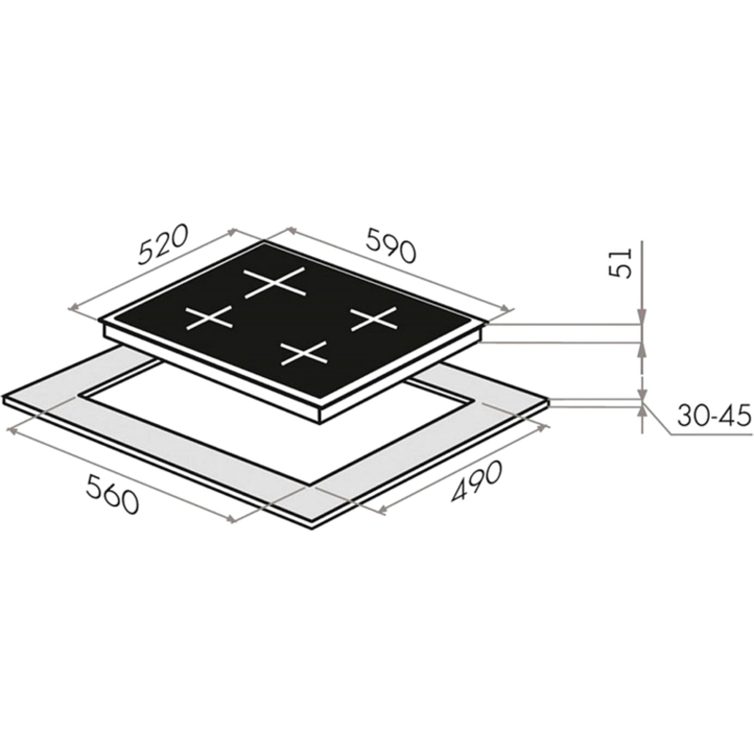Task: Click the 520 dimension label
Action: (x=161, y=245)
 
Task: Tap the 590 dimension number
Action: (x=390, y=245)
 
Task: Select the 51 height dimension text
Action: (x=619, y=263)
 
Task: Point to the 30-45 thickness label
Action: (x=713, y=417)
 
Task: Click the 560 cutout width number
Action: (x=112, y=493)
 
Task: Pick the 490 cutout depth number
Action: (x=476, y=481)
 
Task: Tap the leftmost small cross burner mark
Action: (x=209, y=318)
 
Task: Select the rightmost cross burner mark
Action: (x=374, y=319)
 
